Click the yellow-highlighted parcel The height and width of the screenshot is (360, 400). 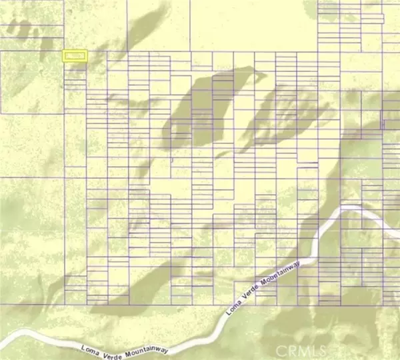[75, 56]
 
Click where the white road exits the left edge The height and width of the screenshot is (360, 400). [2, 333]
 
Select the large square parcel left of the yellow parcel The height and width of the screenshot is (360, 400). [31, 81]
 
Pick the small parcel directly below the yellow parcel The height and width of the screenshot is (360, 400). [75, 67]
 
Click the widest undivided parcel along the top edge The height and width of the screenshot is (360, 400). [253, 25]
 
